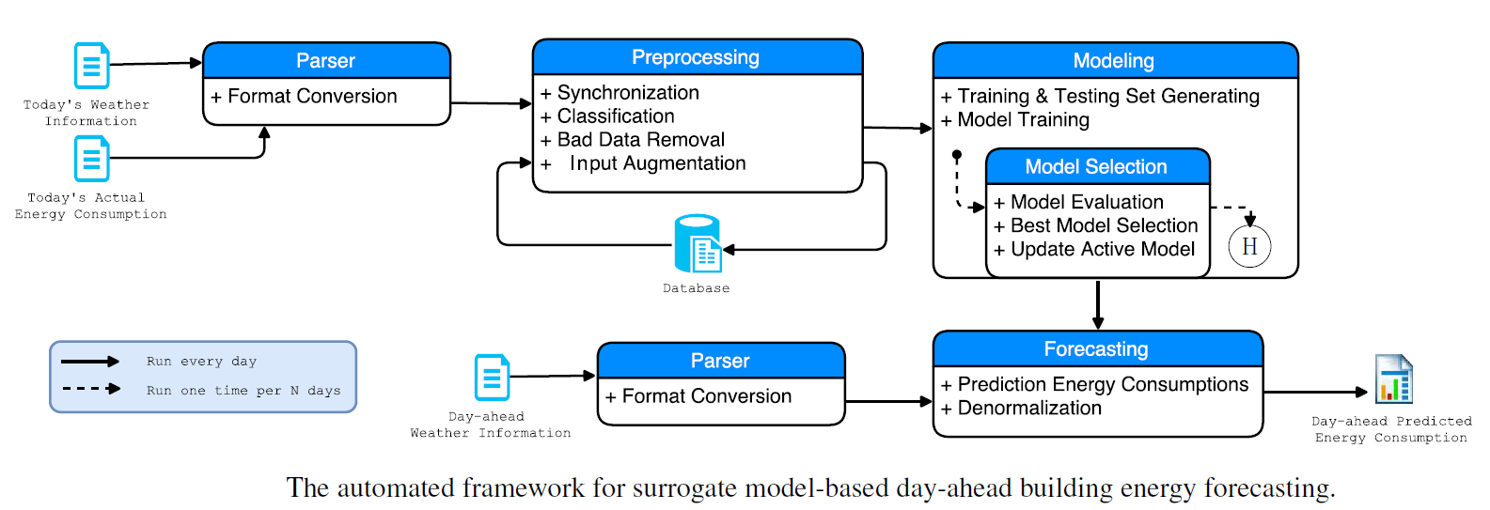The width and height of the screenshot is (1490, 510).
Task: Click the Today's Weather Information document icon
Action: (x=92, y=66)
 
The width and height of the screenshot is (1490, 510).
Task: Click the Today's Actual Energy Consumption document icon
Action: (x=92, y=159)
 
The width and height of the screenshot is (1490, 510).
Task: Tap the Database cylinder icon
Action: (x=698, y=244)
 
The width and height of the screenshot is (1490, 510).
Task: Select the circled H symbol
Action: (x=1249, y=247)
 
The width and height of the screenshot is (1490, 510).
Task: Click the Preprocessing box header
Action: (x=697, y=57)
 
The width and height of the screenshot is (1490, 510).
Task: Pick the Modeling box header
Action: (x=1114, y=61)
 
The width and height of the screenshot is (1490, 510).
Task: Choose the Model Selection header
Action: (x=1096, y=167)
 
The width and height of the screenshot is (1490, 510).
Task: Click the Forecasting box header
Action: (x=1096, y=349)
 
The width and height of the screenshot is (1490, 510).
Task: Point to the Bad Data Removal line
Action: (x=641, y=140)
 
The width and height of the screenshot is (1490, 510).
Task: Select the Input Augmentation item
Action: (x=657, y=163)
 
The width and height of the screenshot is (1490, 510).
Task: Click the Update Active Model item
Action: (x=1102, y=250)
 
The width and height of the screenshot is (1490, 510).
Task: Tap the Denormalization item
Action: (x=1029, y=409)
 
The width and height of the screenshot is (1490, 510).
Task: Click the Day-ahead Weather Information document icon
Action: (x=493, y=378)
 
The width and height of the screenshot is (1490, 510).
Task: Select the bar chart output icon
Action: (x=1393, y=379)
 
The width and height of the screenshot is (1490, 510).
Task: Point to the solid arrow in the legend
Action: (x=90, y=362)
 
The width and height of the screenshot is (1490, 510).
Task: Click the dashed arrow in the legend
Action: (x=90, y=389)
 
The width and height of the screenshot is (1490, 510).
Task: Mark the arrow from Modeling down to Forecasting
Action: (x=1097, y=304)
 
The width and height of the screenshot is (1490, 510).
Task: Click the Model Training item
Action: (x=1023, y=120)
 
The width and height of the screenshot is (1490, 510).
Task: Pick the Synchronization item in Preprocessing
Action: (x=628, y=93)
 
